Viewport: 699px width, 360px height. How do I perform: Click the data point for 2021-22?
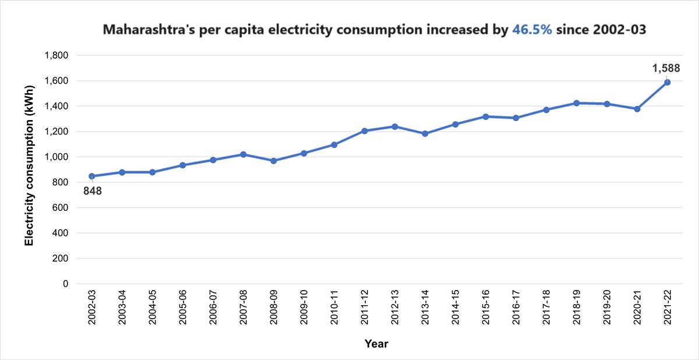tap(667, 82)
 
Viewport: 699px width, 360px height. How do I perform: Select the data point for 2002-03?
tap(92, 176)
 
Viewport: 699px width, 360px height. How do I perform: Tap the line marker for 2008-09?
tap(274, 161)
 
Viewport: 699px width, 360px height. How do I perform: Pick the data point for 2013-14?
tap(425, 133)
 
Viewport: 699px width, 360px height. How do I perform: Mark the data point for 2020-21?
tap(637, 109)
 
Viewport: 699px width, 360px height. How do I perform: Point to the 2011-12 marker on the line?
tap(365, 131)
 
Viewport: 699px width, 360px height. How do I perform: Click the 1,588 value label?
tap(666, 69)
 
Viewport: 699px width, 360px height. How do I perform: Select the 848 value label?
tap(92, 190)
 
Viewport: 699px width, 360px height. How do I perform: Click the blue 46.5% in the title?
tap(532, 30)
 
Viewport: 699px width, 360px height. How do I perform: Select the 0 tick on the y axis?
tap(66, 284)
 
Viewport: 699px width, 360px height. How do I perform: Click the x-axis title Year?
tap(376, 344)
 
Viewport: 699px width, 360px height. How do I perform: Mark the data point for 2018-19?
tap(577, 103)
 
